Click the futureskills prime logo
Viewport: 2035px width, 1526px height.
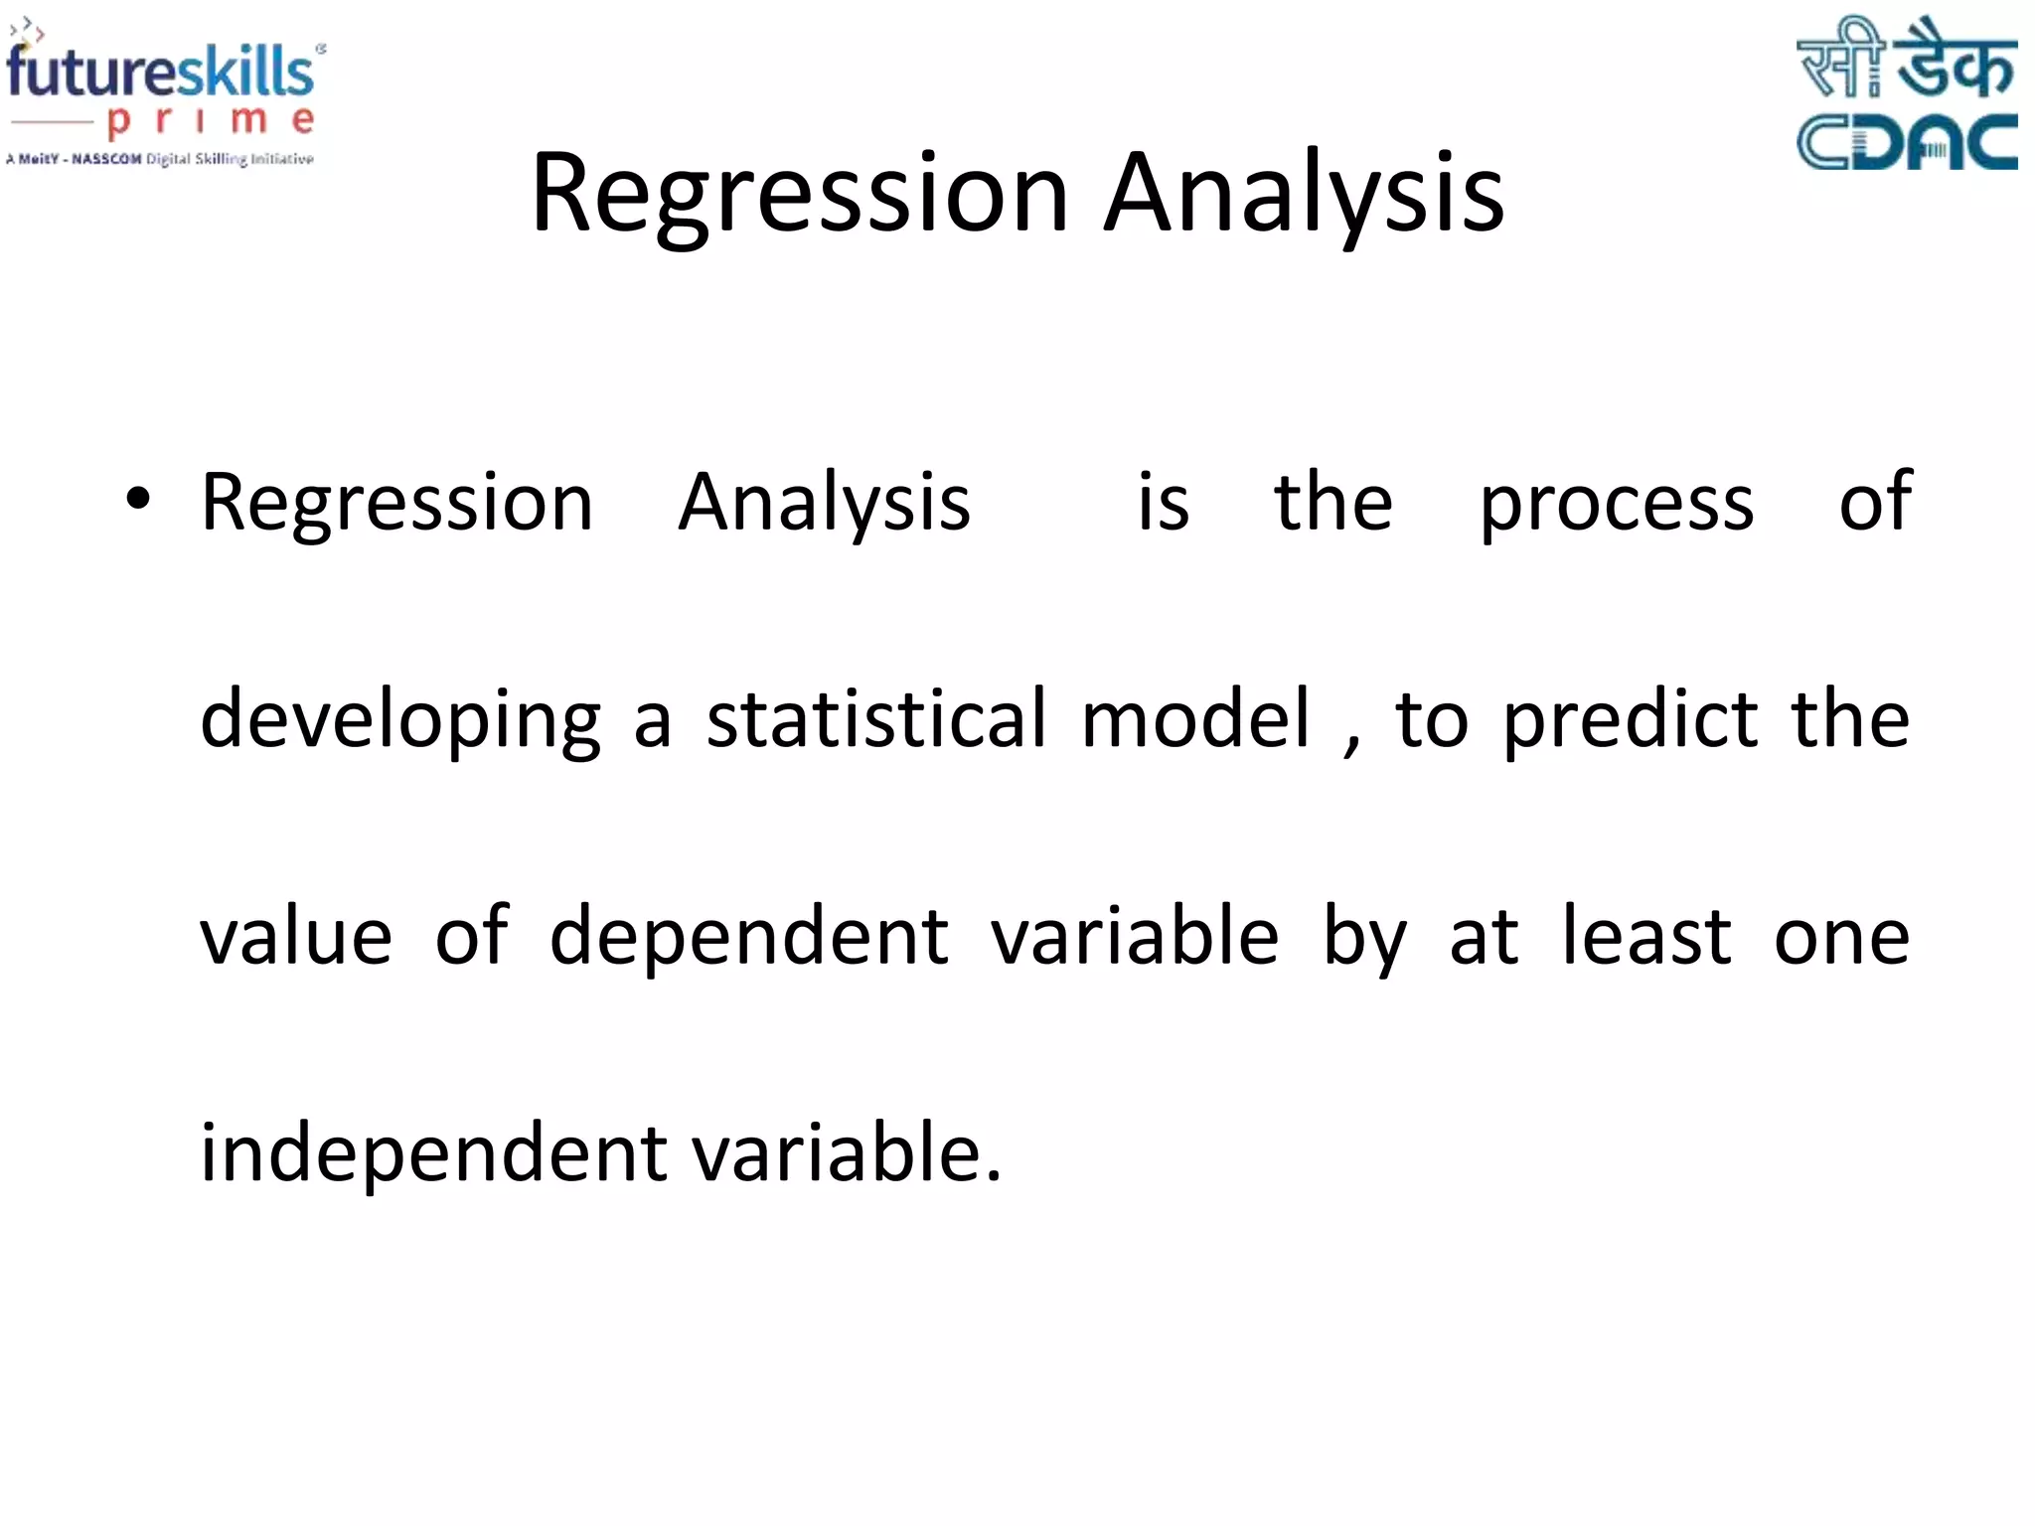(164, 94)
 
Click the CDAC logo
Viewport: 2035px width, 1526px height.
(1906, 94)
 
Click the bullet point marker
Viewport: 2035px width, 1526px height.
(138, 499)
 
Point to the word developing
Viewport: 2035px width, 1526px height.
(400, 720)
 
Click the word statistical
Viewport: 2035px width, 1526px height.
(876, 718)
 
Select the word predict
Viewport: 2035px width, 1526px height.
(1630, 720)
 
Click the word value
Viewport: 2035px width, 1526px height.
(296, 937)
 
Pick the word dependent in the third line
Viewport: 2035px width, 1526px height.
(749, 937)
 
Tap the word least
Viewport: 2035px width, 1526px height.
(1646, 937)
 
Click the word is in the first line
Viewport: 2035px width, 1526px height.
(1163, 502)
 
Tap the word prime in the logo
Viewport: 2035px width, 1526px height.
(211, 121)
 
